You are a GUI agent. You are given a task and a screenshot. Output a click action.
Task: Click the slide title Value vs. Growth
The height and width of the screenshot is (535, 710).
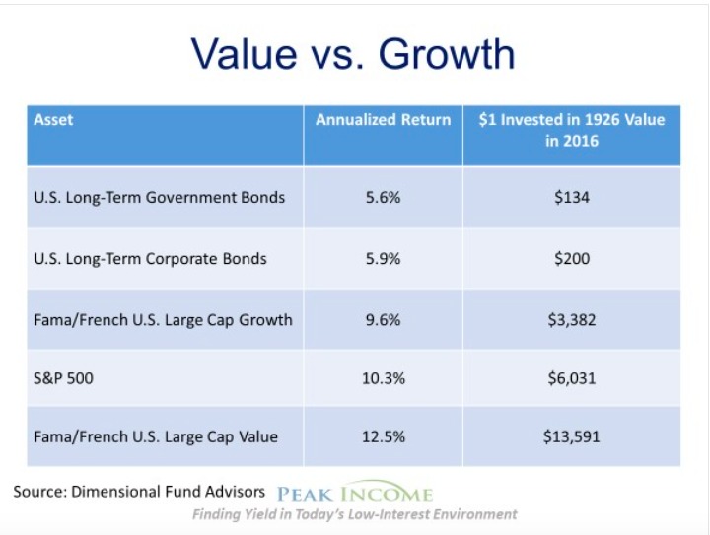[x=353, y=54]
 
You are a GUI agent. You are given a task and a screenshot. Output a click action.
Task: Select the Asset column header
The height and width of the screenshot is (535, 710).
[x=53, y=120]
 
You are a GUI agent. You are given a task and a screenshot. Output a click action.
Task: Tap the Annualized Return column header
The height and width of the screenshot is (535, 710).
[x=383, y=120]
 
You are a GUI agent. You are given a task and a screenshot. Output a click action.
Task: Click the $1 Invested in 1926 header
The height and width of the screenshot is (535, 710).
[x=571, y=130]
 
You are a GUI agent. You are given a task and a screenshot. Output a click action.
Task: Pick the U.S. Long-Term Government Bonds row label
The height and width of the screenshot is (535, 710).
[x=160, y=198]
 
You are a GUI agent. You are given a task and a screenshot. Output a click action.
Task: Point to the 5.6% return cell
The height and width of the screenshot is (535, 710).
[x=383, y=198]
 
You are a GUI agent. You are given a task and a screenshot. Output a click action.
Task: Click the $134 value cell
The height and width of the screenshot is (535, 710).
[x=571, y=198]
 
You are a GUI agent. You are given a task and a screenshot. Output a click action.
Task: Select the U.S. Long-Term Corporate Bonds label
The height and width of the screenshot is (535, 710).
[x=150, y=259]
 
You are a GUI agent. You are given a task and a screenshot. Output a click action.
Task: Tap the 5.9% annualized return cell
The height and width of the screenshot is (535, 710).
[x=383, y=259]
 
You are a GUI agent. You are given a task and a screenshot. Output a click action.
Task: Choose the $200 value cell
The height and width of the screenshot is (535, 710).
[x=571, y=259]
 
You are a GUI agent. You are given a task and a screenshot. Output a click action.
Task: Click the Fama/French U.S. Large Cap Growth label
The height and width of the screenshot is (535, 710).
[x=163, y=320]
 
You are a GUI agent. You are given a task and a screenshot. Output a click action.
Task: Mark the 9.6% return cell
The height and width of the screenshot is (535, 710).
[x=383, y=320]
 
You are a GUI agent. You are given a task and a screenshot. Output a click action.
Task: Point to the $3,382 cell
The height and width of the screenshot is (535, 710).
[x=571, y=320]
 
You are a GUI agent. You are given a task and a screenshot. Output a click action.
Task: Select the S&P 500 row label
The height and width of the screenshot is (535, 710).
[x=63, y=378]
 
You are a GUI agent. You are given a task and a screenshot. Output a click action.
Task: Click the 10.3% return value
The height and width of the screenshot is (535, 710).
[x=383, y=378]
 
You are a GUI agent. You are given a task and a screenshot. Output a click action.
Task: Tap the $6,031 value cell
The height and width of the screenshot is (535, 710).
[x=571, y=378]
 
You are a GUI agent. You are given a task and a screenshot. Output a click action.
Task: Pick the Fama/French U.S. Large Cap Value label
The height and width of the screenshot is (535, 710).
[x=156, y=436]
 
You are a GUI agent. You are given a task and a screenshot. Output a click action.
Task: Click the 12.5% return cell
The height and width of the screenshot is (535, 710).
[x=383, y=436]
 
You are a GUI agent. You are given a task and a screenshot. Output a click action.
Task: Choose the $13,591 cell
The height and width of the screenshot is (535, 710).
[x=571, y=436]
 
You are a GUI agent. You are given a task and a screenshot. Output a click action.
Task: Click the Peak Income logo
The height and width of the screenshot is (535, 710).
[x=355, y=492]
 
